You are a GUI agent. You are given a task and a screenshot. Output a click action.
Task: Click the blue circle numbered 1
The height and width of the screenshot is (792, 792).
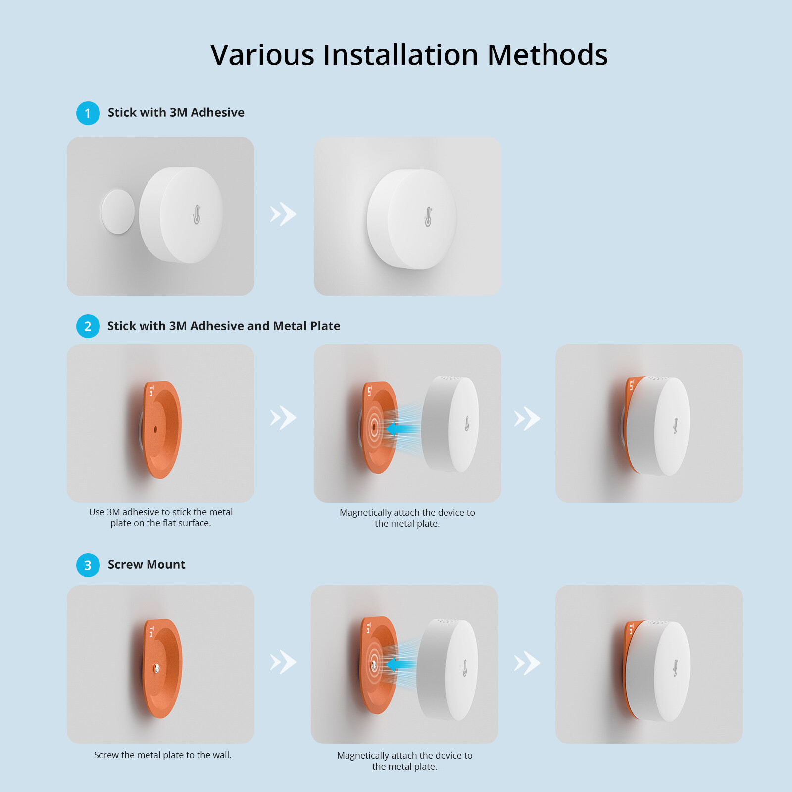click(88, 113)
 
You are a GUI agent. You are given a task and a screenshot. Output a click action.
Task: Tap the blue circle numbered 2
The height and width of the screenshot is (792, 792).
click(88, 326)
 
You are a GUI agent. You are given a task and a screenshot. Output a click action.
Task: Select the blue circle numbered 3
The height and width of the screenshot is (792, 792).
click(88, 565)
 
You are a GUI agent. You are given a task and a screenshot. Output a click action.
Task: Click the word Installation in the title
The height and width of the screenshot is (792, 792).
click(400, 54)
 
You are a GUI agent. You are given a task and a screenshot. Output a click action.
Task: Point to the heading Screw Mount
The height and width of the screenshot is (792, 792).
click(147, 565)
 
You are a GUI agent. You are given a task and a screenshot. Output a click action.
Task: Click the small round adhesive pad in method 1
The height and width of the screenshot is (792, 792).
click(118, 211)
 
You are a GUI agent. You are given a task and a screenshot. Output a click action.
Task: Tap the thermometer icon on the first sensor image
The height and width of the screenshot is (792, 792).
click(197, 215)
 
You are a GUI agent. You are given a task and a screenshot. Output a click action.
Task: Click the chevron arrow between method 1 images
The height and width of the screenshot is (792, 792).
click(283, 214)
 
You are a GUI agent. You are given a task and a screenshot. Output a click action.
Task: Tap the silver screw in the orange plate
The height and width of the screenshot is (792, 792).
click(156, 669)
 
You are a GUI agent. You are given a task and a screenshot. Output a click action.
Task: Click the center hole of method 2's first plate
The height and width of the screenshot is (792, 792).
click(155, 429)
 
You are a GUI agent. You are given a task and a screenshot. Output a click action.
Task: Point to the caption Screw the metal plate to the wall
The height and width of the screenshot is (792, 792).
click(163, 755)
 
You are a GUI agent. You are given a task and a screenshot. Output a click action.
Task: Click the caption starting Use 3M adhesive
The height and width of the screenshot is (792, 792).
click(160, 518)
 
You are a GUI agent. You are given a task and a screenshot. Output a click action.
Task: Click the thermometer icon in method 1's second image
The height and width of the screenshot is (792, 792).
click(428, 217)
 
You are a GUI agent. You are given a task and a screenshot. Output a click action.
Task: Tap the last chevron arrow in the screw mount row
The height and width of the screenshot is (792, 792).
click(527, 663)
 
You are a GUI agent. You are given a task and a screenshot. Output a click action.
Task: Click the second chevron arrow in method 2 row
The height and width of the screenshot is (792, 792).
click(527, 419)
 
